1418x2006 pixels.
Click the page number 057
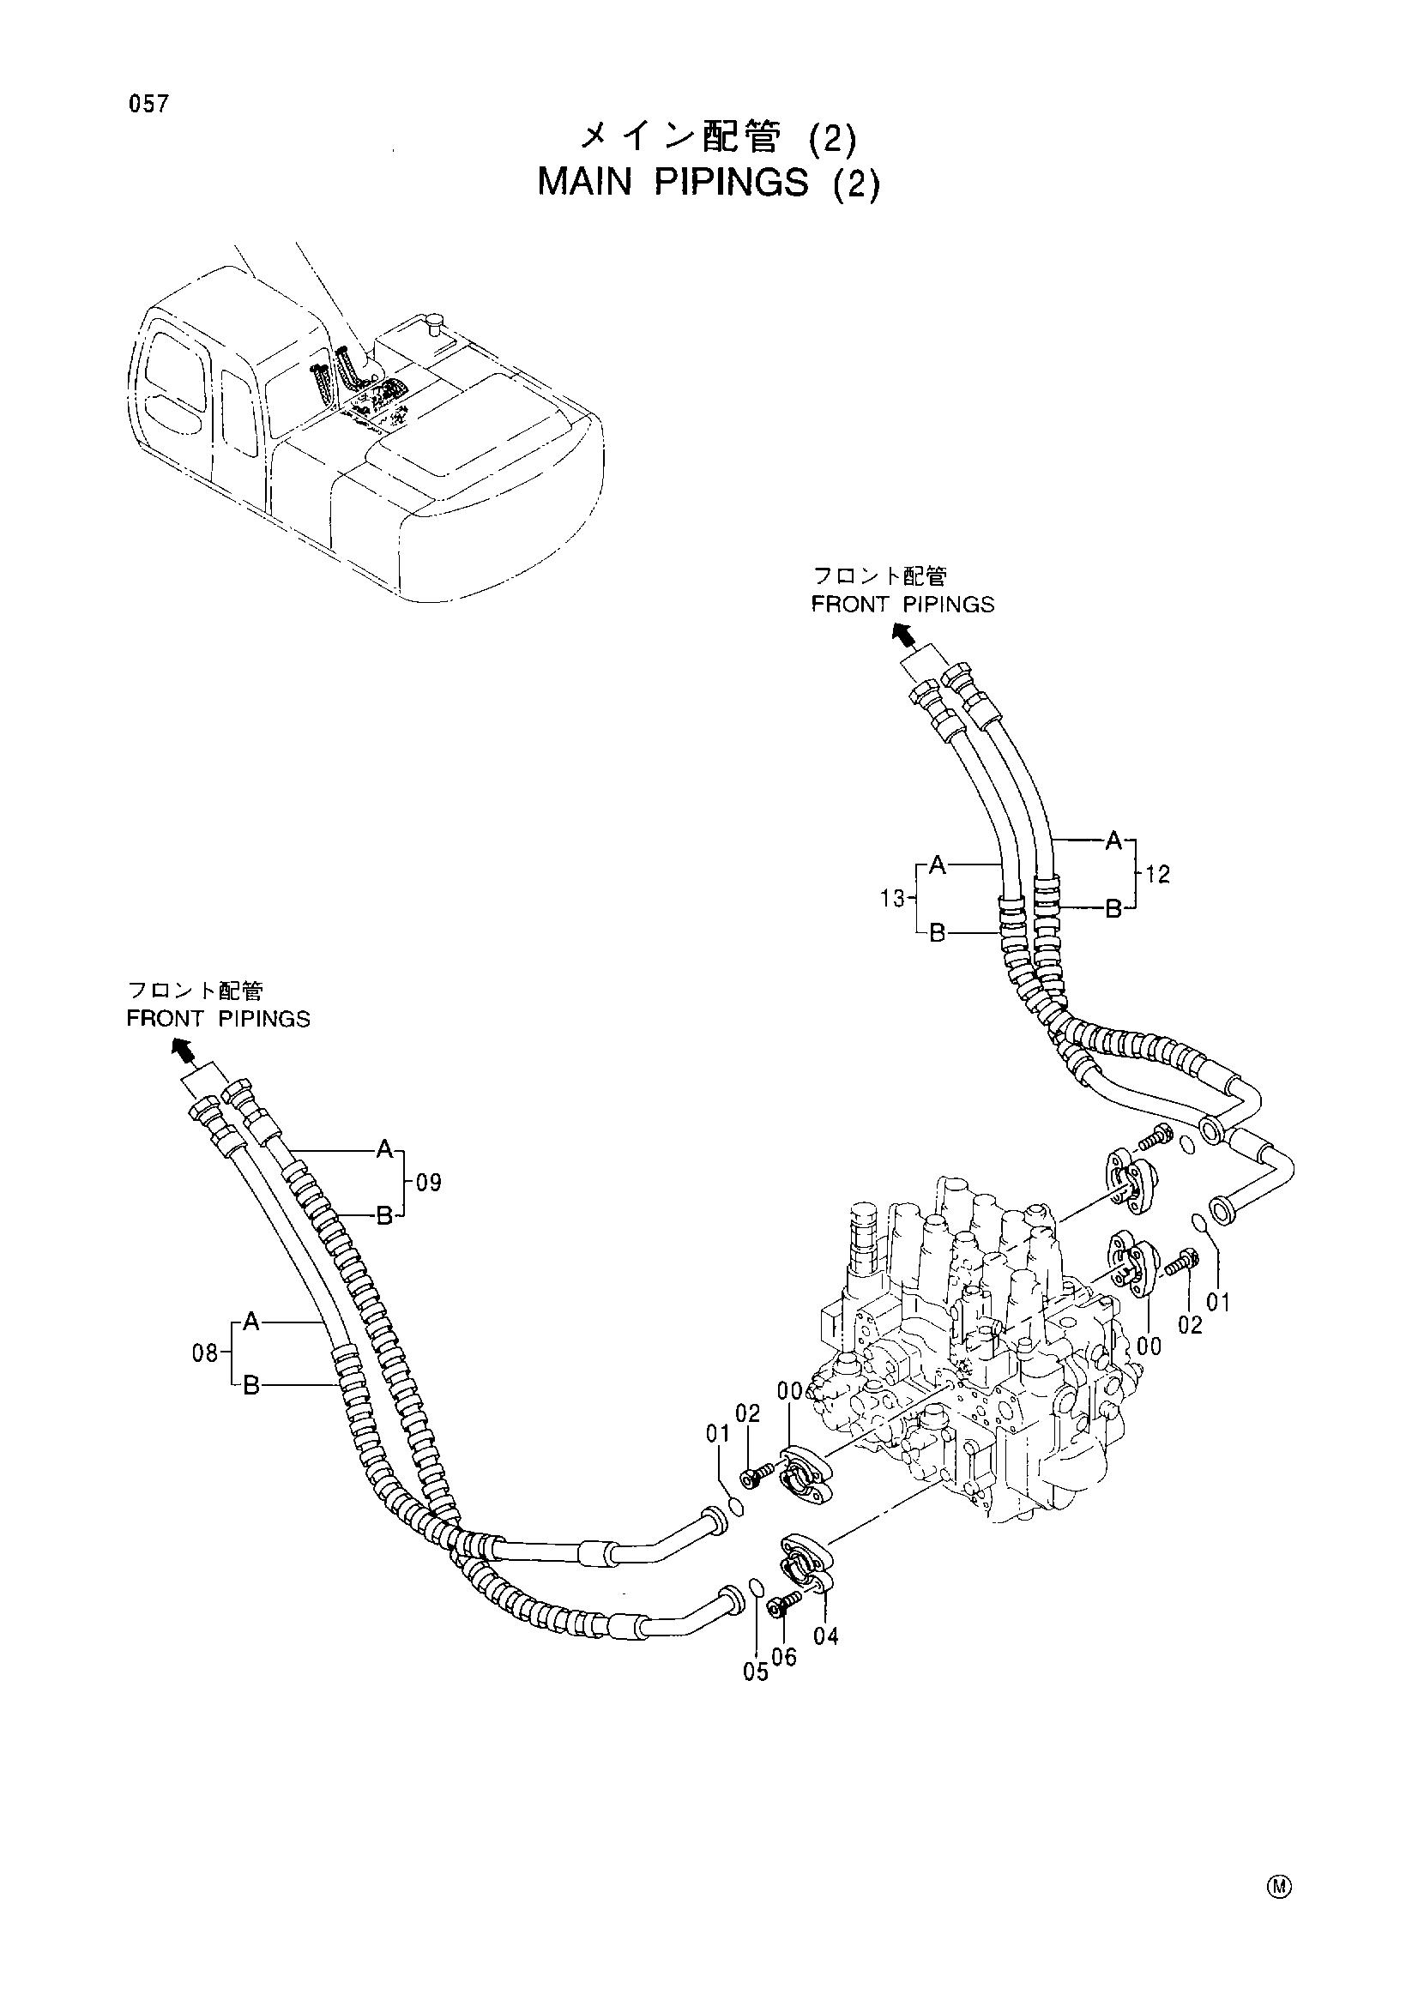148,105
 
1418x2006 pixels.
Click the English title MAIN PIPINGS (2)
709,183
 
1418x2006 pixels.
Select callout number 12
1157,875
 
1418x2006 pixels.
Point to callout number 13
893,898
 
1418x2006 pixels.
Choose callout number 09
428,1183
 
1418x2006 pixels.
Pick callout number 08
205,1354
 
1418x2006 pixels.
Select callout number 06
785,1657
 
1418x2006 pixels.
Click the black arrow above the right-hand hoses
903,634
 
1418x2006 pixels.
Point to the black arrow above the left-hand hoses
183,1048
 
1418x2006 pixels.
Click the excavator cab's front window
179,376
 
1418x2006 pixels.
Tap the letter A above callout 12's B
1113,841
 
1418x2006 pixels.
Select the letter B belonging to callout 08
251,1386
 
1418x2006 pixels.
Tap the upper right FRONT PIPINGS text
903,605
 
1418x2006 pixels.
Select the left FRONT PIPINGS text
219,1019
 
